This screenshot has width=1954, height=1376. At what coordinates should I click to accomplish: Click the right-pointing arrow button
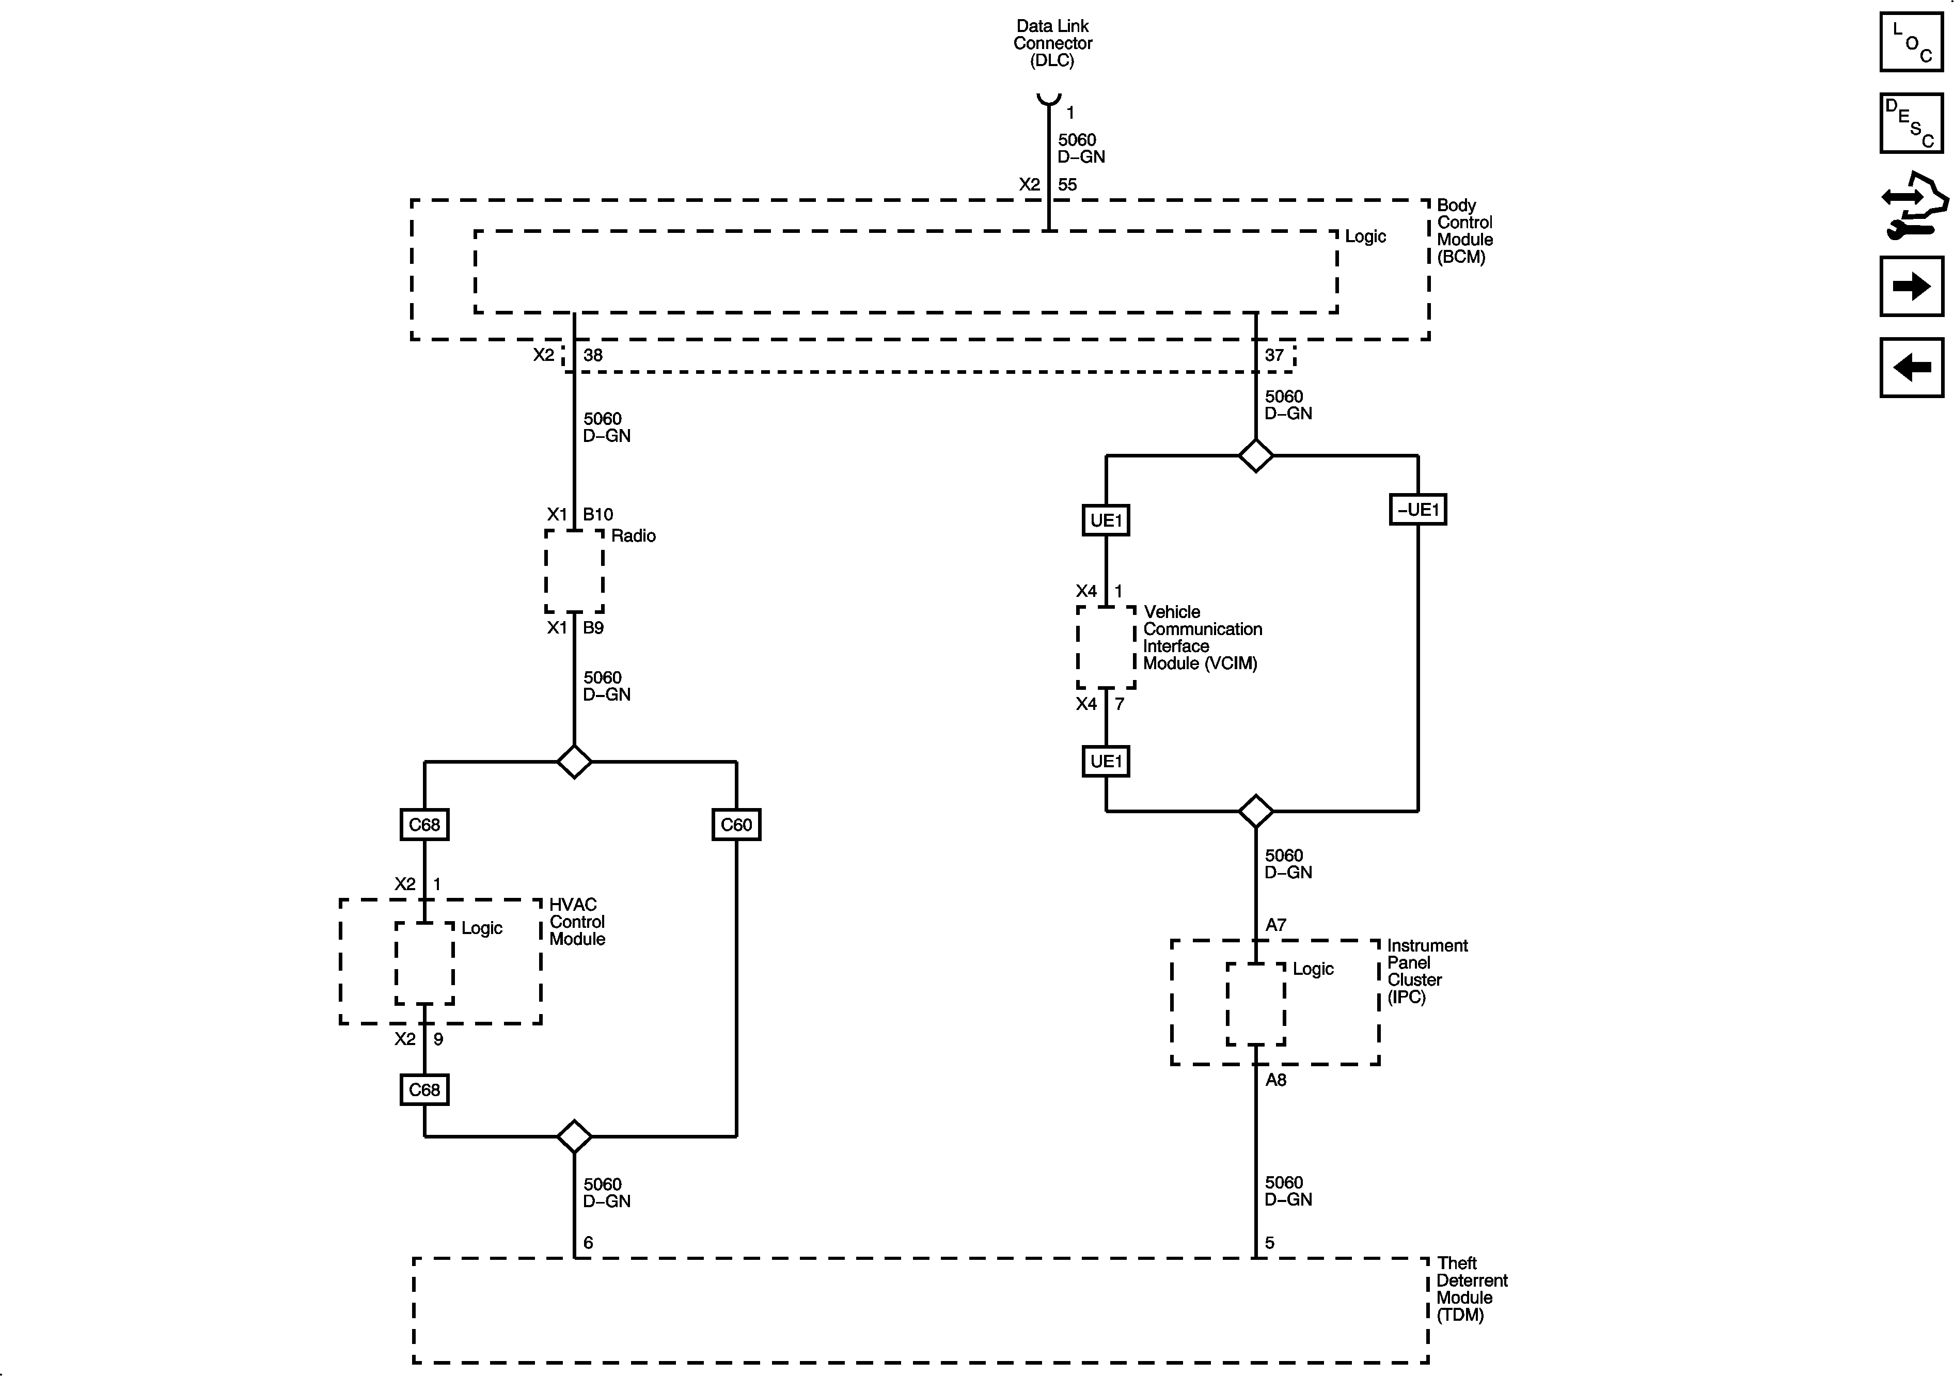(1912, 286)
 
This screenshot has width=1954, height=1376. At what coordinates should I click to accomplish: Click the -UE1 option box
(1418, 510)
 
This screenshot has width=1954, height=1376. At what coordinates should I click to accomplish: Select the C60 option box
(736, 825)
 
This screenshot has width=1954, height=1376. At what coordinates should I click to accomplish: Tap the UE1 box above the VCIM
(1107, 520)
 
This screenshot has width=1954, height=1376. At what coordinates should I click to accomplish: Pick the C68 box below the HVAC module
(424, 1090)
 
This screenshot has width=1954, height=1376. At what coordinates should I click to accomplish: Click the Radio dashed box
(574, 571)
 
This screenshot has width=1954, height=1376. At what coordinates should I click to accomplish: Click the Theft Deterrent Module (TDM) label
(1472, 1289)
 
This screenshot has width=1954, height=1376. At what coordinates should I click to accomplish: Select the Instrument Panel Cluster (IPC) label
(1427, 971)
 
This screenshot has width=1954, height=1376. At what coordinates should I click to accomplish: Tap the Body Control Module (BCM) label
(1464, 231)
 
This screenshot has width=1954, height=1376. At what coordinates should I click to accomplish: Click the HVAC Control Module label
(577, 922)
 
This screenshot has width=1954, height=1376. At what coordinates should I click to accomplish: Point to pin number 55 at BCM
(1067, 185)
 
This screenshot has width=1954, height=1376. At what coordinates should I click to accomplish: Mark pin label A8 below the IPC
(1275, 1080)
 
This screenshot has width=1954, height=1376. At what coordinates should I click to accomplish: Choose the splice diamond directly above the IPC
(1256, 811)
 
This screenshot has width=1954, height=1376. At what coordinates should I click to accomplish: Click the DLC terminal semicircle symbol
(1048, 99)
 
